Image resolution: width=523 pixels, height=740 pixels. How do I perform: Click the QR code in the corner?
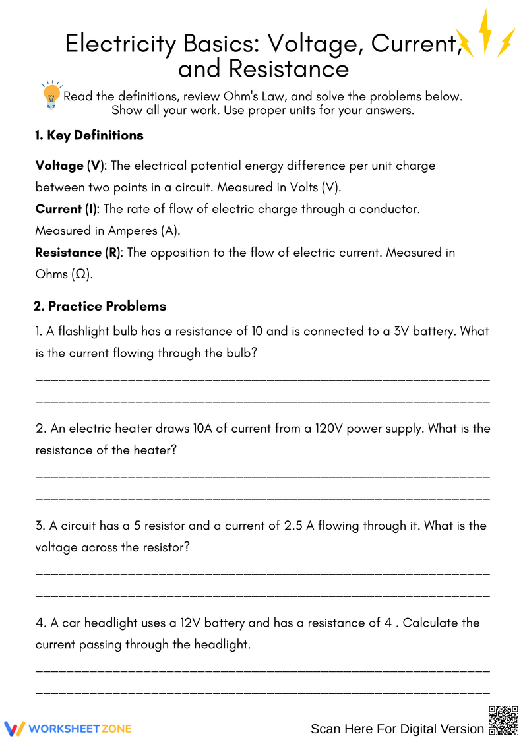[503, 720]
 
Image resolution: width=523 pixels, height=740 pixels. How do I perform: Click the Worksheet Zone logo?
[68, 728]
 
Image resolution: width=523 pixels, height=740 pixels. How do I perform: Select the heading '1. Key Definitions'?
[89, 135]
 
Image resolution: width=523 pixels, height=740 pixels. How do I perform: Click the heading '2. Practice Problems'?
[100, 306]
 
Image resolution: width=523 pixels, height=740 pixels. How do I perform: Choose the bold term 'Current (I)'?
[66, 209]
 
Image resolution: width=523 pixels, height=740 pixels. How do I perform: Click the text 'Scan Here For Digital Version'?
[397, 729]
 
